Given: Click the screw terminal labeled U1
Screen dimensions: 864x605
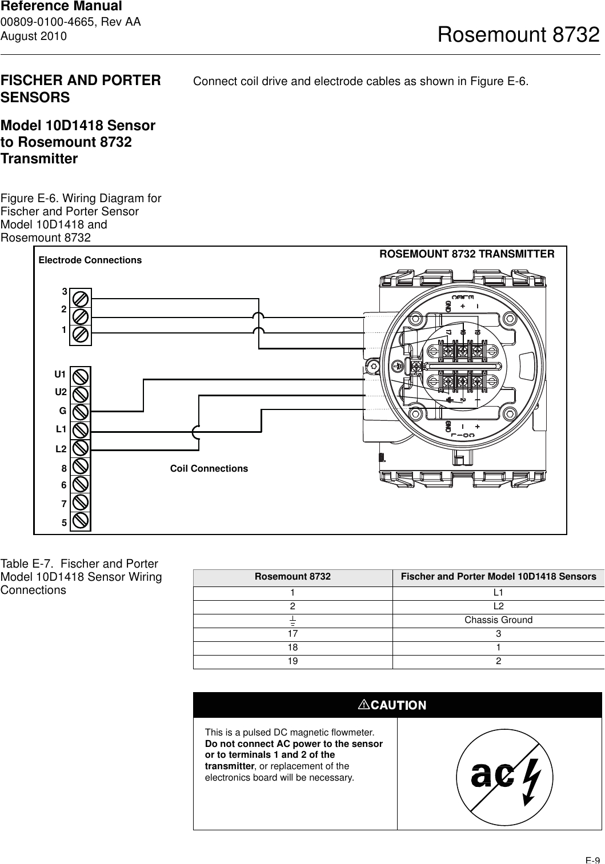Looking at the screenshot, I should pyautogui.click(x=81, y=376).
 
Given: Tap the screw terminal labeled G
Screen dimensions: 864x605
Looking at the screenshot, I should pyautogui.click(x=81, y=411).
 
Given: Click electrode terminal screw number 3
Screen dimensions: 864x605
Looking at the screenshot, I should pyautogui.click(x=81, y=298).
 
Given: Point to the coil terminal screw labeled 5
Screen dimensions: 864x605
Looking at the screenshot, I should pyautogui.click(x=81, y=521).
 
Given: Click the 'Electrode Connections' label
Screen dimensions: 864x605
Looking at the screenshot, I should pyautogui.click(x=90, y=260).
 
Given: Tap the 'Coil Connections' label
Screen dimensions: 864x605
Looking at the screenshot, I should pyautogui.click(x=209, y=469).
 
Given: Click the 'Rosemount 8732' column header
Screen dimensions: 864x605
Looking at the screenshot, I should pyautogui.click(x=293, y=577).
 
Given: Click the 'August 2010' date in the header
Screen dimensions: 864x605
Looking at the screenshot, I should pyautogui.click(x=34, y=36).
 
